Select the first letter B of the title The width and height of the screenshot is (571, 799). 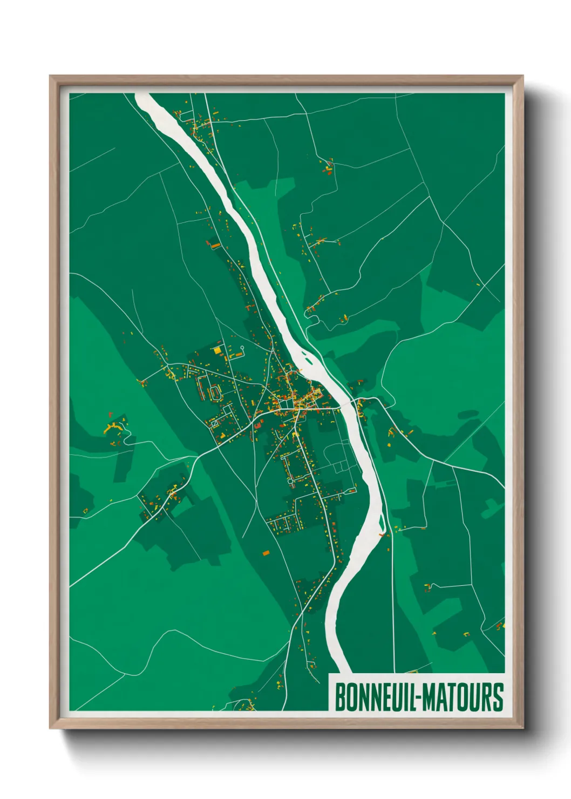click(340, 698)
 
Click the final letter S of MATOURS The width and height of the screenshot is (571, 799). click(498, 698)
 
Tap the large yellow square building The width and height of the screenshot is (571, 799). click(217, 350)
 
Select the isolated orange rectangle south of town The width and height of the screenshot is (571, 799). click(266, 552)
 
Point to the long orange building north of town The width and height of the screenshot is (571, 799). click(215, 246)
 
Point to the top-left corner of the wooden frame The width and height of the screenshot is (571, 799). click(51, 77)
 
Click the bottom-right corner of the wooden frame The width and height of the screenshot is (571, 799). click(522, 728)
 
